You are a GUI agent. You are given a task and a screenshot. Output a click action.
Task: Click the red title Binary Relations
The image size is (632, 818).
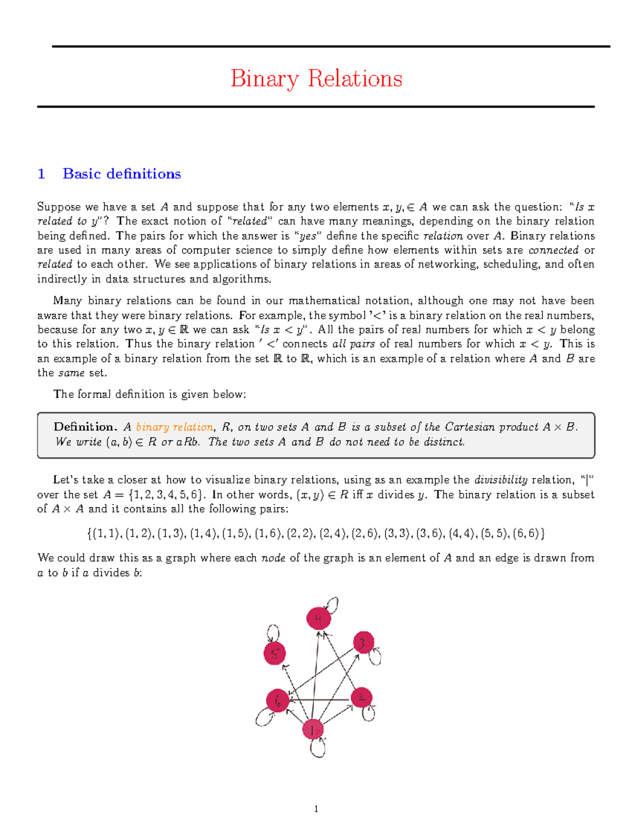(316, 79)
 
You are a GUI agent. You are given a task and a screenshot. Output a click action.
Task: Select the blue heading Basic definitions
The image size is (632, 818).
(122, 174)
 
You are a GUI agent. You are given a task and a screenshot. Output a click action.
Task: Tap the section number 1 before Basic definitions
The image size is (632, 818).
(41, 174)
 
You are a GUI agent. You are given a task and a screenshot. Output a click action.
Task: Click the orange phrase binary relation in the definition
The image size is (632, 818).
(174, 427)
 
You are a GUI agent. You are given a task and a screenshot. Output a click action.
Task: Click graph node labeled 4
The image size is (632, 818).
(318, 618)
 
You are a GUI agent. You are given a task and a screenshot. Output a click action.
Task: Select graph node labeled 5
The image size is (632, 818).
(274, 654)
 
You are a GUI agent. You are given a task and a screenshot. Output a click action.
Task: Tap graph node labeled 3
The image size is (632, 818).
(363, 643)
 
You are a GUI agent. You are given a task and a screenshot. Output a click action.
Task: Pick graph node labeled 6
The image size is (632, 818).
(278, 701)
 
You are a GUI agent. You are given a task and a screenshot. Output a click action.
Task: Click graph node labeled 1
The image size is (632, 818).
(313, 730)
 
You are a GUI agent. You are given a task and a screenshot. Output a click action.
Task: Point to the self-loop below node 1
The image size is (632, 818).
(318, 748)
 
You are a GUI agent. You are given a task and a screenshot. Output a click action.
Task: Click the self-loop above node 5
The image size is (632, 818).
(273, 632)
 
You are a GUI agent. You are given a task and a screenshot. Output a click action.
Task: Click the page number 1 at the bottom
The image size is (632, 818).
(316, 809)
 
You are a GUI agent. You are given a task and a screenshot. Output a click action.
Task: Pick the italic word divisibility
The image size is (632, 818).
(501, 480)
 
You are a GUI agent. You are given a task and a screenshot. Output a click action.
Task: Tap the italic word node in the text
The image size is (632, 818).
(273, 558)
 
